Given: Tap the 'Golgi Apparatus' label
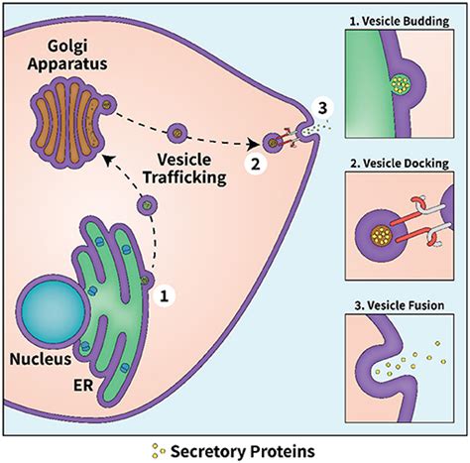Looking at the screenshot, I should [x=68, y=57].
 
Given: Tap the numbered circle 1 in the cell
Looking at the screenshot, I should [x=168, y=293].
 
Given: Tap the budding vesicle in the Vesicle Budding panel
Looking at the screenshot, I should [x=401, y=90].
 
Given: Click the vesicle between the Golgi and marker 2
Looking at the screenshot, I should [x=178, y=131].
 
